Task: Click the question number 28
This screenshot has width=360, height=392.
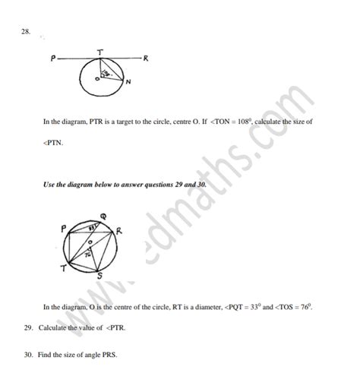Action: pyautogui.click(x=26, y=32)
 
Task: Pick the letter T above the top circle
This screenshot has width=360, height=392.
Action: pyautogui.click(x=97, y=50)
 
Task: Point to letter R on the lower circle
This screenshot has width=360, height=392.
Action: pyautogui.click(x=119, y=231)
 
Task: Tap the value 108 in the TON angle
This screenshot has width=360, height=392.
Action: pyautogui.click(x=236, y=121)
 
